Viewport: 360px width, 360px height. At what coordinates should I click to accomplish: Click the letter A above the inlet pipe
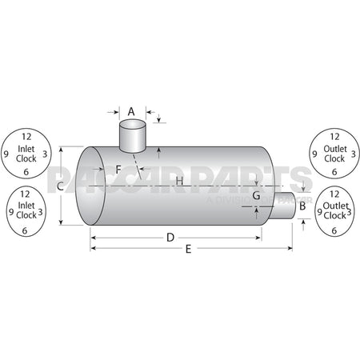click(x=131, y=110)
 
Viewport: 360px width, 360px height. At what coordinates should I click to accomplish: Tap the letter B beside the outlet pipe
click(x=302, y=206)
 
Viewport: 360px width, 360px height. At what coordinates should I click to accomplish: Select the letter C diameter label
click(x=61, y=186)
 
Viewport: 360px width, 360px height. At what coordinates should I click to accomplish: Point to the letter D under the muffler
click(x=170, y=237)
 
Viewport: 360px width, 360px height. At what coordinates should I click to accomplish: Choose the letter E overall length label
click(x=189, y=250)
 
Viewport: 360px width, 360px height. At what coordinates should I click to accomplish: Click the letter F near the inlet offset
click(x=118, y=170)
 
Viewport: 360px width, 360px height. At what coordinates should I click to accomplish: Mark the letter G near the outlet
click(x=256, y=195)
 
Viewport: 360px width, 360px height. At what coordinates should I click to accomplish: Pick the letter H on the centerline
click(x=179, y=182)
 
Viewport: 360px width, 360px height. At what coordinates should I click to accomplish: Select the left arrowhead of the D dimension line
click(x=93, y=238)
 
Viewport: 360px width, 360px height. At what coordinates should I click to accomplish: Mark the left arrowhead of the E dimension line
click(x=93, y=249)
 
